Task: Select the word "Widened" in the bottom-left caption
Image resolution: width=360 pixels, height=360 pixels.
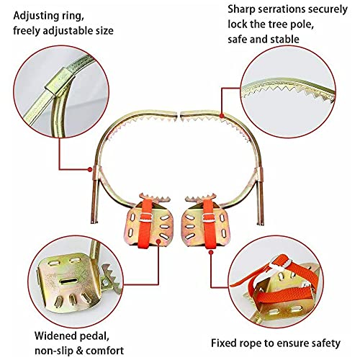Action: coord(55,336)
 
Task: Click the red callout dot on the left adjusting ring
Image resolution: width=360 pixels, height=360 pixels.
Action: coord(90,169)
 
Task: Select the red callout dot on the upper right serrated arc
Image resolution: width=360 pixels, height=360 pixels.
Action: coord(222,116)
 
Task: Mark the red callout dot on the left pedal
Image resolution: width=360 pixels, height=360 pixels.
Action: coord(158,241)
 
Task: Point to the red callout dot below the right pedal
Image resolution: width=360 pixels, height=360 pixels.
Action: coord(211,252)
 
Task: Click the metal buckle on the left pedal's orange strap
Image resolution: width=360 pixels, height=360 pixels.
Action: coord(146,217)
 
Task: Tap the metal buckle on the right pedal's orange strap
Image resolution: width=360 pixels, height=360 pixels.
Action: coord(209,218)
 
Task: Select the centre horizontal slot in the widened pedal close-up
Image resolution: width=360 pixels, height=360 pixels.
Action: coord(68,281)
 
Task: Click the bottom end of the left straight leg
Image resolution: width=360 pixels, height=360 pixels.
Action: coord(94,222)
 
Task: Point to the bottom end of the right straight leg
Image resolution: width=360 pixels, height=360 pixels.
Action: coord(260,223)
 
